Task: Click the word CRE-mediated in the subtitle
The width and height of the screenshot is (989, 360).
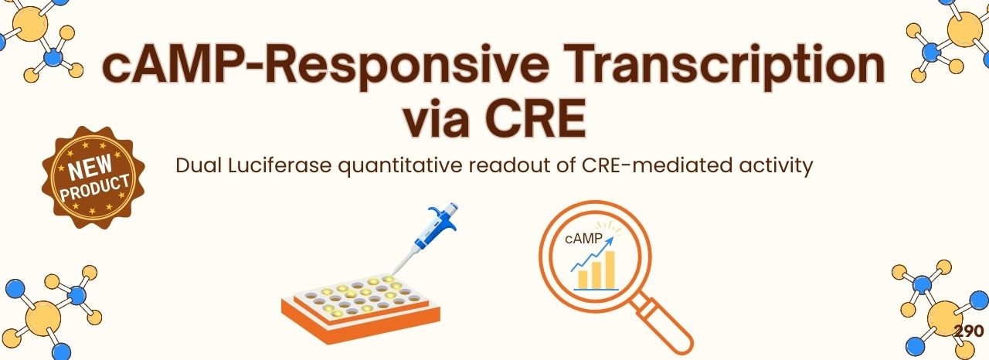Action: pyautogui.click(x=651, y=165)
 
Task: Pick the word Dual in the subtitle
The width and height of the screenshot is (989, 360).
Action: pyautogui.click(x=196, y=165)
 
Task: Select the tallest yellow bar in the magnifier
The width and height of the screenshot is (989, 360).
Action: pyautogui.click(x=610, y=267)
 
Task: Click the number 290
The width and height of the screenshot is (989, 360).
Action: pyautogui.click(x=968, y=331)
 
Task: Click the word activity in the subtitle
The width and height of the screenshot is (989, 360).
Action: pyautogui.click(x=780, y=165)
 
